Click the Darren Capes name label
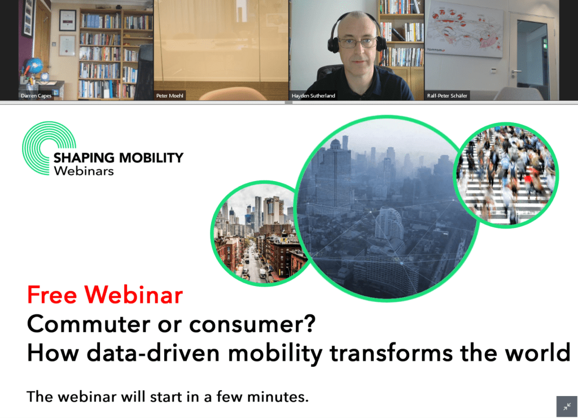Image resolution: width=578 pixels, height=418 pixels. [36, 96]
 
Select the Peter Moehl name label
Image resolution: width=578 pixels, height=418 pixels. [169, 96]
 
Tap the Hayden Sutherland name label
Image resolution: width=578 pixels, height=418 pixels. [313, 96]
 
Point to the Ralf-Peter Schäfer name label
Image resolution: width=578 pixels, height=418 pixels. [447, 96]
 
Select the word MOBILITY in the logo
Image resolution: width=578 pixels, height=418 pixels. [151, 157]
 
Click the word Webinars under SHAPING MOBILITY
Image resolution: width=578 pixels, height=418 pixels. [84, 171]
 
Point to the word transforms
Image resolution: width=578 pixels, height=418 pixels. [391, 353]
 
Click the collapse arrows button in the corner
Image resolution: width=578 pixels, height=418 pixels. [567, 406]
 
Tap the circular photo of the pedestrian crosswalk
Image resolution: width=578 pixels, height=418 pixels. [506, 175]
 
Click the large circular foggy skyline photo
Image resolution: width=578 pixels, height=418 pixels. [387, 209]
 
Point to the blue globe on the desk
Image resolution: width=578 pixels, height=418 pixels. [34, 66]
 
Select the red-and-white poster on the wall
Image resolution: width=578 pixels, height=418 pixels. [465, 29]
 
